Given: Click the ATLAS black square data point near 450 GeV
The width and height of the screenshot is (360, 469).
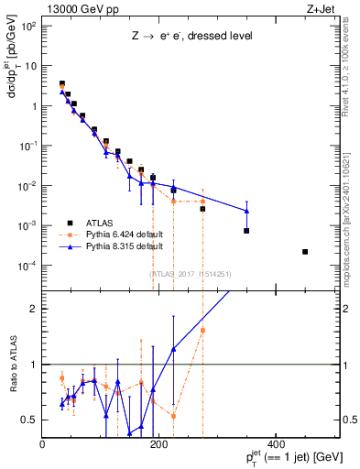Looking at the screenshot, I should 305,252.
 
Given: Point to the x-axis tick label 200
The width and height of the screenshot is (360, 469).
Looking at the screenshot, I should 158,445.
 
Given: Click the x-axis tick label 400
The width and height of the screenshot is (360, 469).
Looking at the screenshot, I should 275,445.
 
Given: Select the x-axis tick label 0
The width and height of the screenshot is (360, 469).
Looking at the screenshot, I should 43,445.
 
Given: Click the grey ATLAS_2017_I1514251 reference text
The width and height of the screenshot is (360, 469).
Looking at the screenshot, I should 189,273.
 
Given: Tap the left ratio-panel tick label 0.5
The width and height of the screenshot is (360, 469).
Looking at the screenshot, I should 29,420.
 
